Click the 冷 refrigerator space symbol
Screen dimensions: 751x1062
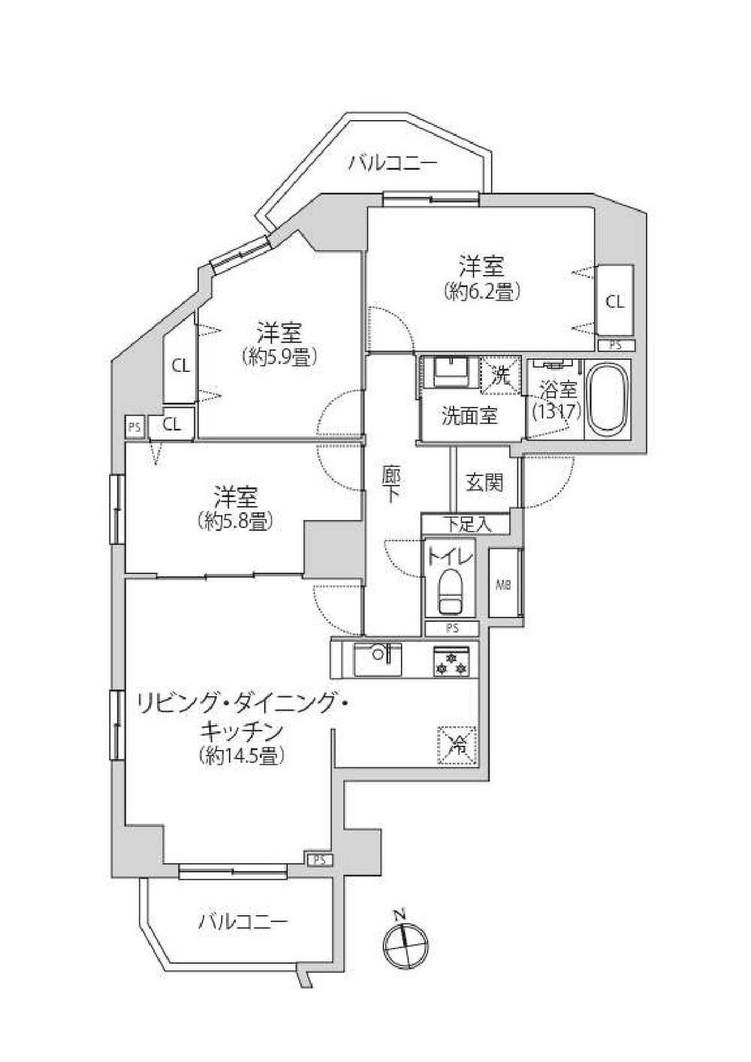[x=457, y=745]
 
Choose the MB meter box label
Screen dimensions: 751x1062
[x=503, y=586]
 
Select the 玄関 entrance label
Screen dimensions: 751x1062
[x=484, y=483]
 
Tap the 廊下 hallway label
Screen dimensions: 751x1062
[x=391, y=484]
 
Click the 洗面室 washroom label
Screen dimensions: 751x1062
[x=469, y=416]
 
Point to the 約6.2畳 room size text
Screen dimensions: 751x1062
[x=481, y=291]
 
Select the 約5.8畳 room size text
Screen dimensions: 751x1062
[x=234, y=521]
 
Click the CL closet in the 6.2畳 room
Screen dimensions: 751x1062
[x=615, y=301]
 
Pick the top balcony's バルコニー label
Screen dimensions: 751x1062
[x=393, y=164]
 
